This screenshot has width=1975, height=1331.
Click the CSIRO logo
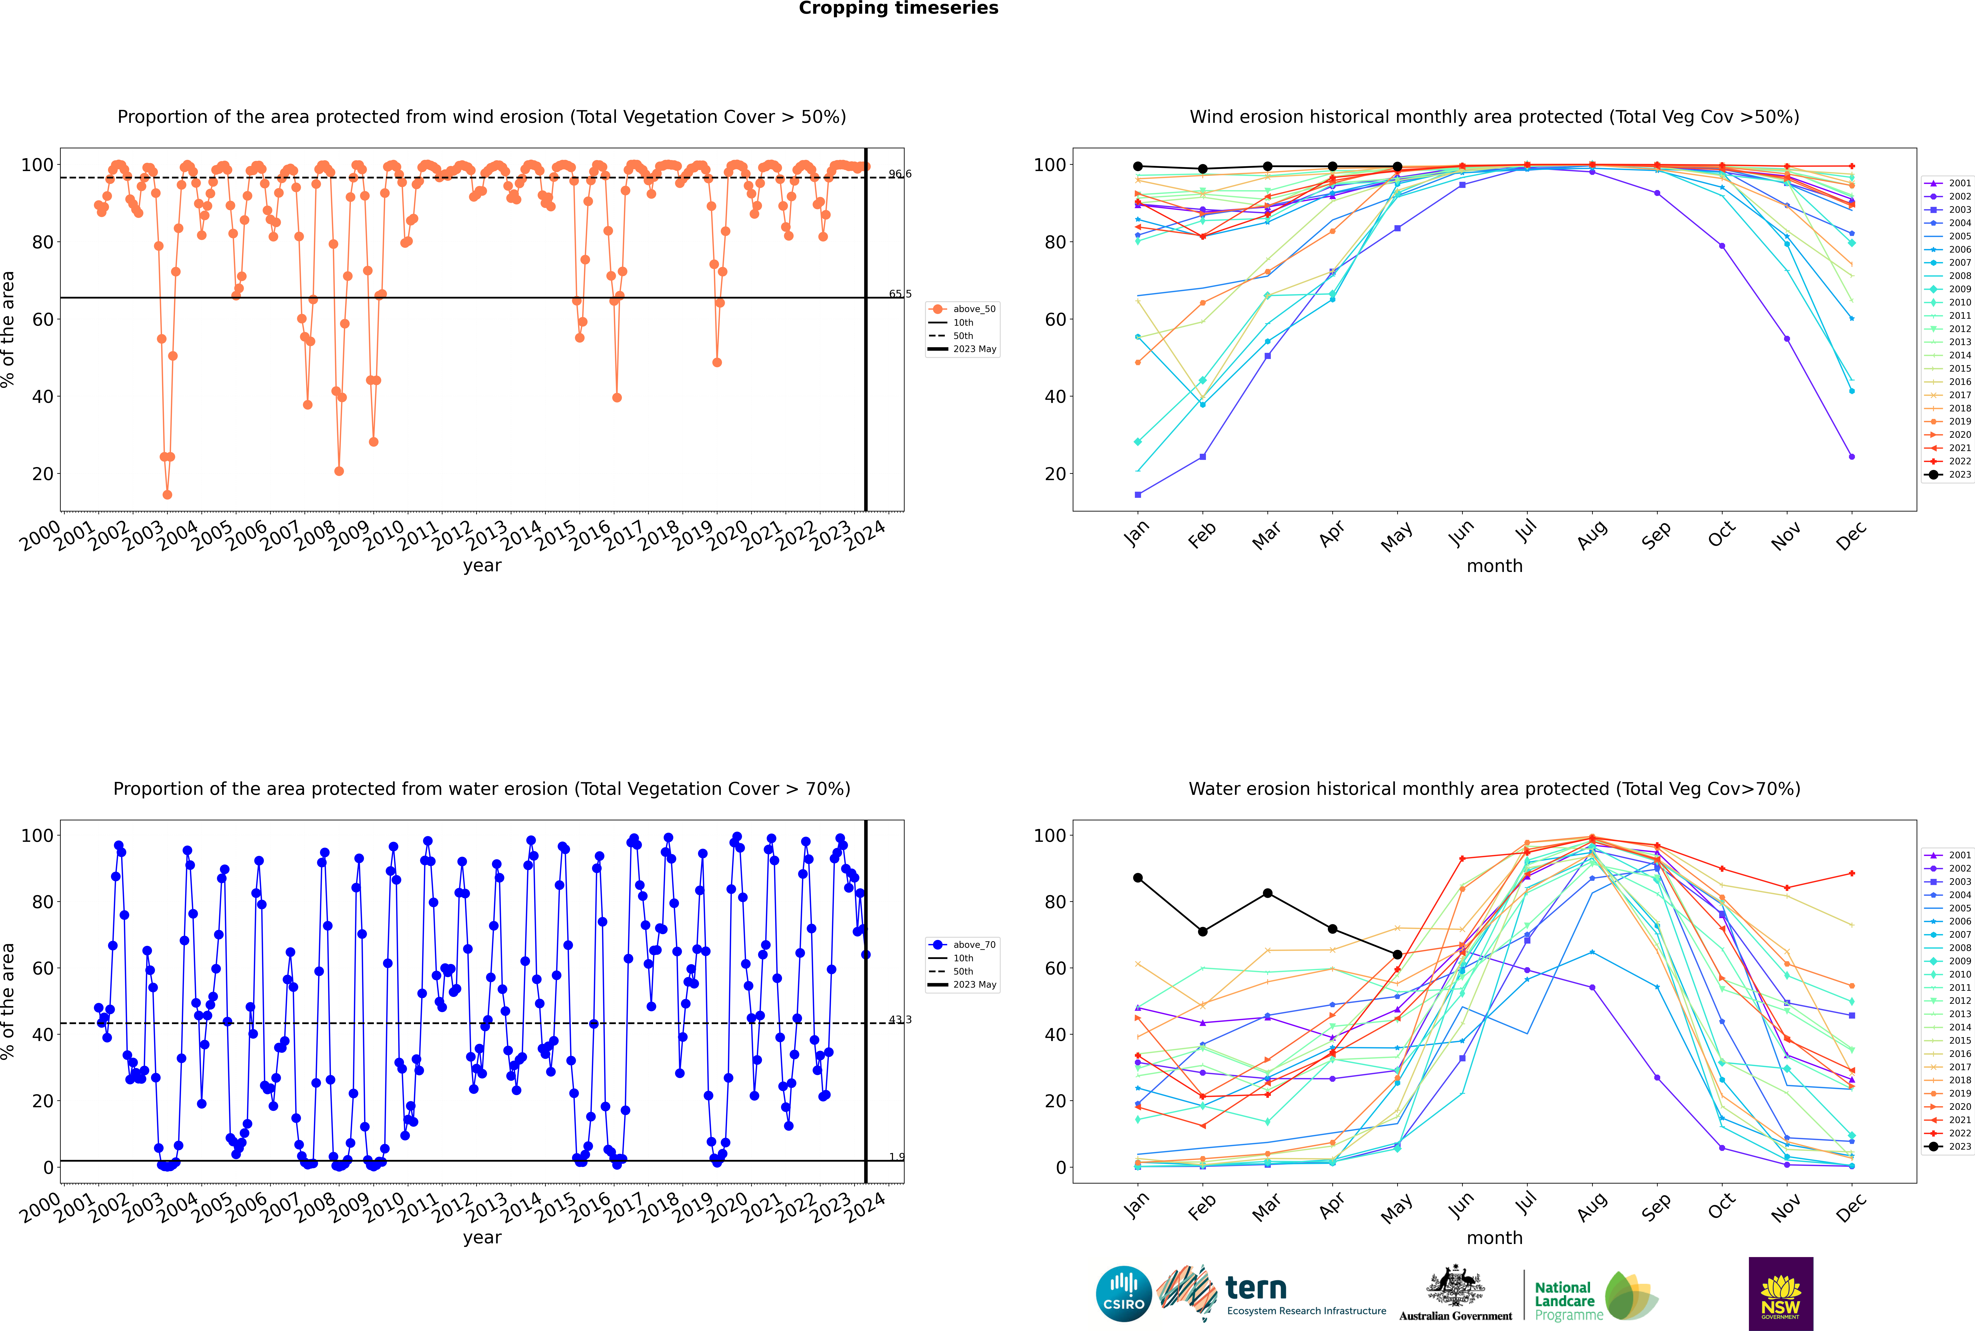pyautogui.click(x=1123, y=1294)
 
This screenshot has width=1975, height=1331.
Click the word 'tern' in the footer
pyautogui.click(x=1256, y=1289)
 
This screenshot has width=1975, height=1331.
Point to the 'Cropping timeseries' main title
pyautogui.click(x=898, y=8)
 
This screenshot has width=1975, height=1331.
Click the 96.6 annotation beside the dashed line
pyautogui.click(x=900, y=174)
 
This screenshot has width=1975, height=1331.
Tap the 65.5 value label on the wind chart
pyautogui.click(x=900, y=294)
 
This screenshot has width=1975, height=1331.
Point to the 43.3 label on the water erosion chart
pyautogui.click(x=900, y=1019)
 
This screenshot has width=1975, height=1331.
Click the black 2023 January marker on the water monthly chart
pyautogui.click(x=1138, y=878)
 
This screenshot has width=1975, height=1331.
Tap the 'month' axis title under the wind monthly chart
pyautogui.click(x=1494, y=566)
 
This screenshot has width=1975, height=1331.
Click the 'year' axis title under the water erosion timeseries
pyautogui.click(x=482, y=1238)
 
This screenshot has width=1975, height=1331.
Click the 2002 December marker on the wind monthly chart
pyautogui.click(x=1852, y=457)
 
